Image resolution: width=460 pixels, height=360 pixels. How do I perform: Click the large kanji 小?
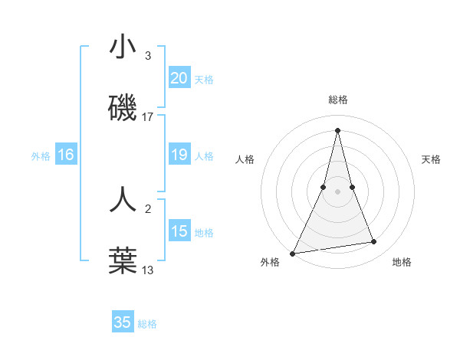click(x=123, y=48)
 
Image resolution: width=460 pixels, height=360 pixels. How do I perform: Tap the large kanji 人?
click(x=123, y=199)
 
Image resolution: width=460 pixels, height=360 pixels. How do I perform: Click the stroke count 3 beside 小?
click(x=147, y=56)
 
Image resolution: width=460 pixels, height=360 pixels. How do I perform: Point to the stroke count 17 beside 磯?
click(x=148, y=117)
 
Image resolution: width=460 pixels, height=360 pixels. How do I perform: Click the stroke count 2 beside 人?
click(x=147, y=208)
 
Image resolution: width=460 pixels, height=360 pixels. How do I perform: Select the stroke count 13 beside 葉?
click(x=148, y=270)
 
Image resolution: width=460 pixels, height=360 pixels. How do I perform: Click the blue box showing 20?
click(x=179, y=77)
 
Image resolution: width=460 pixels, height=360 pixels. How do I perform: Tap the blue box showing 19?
click(x=179, y=155)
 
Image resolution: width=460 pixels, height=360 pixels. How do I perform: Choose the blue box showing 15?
click(x=179, y=231)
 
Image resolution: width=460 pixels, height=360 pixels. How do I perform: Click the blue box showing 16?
click(x=65, y=155)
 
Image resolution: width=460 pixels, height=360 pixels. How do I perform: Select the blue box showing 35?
click(x=123, y=322)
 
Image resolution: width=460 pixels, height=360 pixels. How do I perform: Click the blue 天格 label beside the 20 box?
click(x=204, y=79)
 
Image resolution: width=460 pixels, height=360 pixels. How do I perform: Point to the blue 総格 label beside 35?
click(x=148, y=324)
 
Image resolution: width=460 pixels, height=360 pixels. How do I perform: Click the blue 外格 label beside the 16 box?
click(x=41, y=156)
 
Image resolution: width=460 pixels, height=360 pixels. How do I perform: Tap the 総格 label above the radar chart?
click(x=337, y=100)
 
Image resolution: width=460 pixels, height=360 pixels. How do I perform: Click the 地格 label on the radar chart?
click(x=402, y=262)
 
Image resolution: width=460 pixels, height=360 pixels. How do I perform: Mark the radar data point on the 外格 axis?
click(x=293, y=253)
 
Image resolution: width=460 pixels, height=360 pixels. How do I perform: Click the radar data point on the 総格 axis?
click(x=337, y=129)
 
